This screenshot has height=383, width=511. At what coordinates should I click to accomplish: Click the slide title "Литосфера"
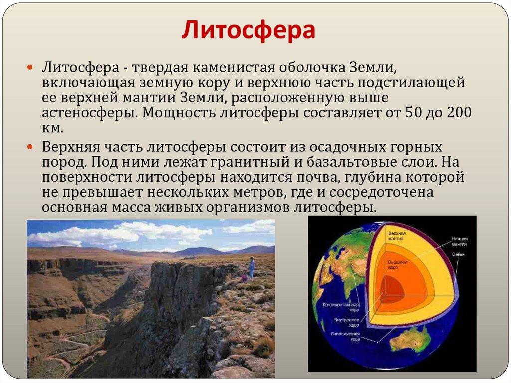tap(248, 30)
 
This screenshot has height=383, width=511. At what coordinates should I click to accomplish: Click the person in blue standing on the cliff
tap(252, 267)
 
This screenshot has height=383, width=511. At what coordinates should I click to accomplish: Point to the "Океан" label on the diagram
tap(458, 255)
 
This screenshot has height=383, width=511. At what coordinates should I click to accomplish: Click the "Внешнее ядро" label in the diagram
tap(398, 265)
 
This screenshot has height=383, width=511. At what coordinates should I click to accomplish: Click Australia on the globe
tap(411, 340)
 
